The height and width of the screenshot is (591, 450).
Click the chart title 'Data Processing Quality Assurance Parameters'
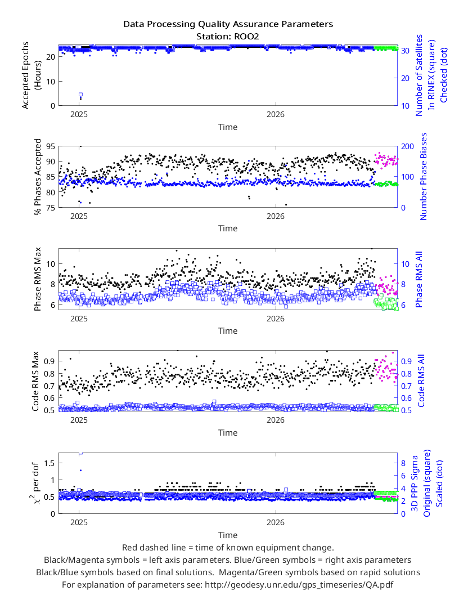(x=228, y=25)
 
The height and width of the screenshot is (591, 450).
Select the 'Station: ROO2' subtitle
(x=228, y=37)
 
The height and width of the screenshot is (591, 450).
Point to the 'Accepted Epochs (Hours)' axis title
(x=30, y=75)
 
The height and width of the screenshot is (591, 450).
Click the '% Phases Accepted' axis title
(x=38, y=177)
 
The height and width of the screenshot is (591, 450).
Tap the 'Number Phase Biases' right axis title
(x=424, y=176)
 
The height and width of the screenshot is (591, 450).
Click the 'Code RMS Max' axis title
(x=35, y=381)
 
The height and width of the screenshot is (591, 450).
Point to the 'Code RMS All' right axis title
(x=421, y=380)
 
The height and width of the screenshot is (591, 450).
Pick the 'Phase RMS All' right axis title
(x=418, y=279)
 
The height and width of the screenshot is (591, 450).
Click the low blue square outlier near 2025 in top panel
(x=80, y=95)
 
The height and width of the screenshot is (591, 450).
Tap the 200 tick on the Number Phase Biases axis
(x=407, y=146)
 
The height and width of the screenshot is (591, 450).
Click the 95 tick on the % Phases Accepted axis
(x=51, y=146)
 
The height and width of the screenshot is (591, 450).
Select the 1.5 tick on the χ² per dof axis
(x=49, y=463)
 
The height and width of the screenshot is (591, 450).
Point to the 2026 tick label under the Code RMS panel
(x=276, y=420)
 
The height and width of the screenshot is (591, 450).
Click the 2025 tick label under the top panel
(x=79, y=115)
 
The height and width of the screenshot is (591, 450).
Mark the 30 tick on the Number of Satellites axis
(x=405, y=51)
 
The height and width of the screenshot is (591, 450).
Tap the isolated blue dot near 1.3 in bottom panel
(x=80, y=470)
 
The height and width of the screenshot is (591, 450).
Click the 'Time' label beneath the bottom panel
(x=228, y=535)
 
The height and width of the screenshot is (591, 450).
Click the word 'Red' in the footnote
(x=129, y=548)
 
